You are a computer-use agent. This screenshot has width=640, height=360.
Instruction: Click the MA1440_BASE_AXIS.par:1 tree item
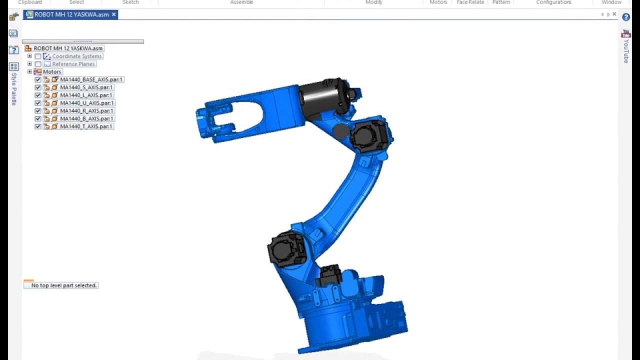(91, 79)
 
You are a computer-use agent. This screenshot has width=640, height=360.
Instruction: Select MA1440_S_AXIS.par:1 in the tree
(86, 87)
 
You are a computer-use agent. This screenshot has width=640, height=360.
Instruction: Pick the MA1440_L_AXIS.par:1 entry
(86, 95)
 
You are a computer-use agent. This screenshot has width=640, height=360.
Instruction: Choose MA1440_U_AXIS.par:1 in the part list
(86, 103)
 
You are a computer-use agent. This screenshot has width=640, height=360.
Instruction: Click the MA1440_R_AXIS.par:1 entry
(86, 111)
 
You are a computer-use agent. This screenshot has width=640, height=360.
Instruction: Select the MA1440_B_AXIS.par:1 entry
(86, 118)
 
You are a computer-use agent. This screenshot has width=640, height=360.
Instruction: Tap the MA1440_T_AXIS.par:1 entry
(86, 126)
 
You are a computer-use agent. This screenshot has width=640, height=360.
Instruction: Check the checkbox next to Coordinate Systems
(38, 56)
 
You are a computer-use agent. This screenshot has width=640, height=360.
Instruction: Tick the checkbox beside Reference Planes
(38, 64)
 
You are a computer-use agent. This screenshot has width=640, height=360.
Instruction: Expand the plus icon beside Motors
(29, 72)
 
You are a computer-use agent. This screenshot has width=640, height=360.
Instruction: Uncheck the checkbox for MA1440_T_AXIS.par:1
(38, 126)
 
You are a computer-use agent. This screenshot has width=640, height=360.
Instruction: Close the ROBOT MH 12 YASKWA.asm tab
(113, 14)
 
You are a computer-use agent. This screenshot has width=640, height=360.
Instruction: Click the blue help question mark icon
(625, 17)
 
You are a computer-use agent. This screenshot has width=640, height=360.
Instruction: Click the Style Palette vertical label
(14, 88)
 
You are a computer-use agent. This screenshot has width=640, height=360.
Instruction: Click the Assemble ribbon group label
(241, 2)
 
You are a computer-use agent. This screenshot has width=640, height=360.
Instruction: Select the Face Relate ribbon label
(470, 2)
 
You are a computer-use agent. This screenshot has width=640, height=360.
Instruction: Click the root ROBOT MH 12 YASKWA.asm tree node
(67, 48)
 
